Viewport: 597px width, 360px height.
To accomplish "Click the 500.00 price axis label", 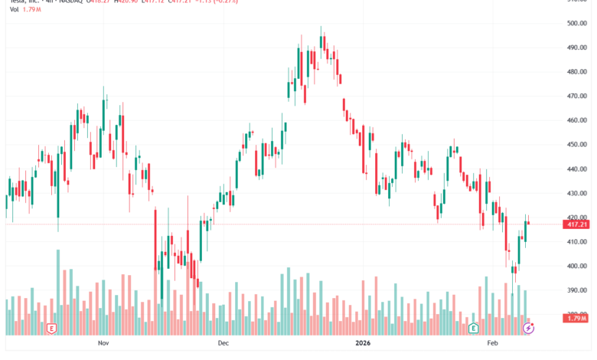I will pyautogui.click(x=576, y=23).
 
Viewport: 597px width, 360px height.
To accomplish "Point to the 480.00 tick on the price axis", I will pyautogui.click(x=576, y=72).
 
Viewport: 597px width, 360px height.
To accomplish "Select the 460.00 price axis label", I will pyautogui.click(x=576, y=120).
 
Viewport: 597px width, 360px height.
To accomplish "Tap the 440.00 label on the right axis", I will pyautogui.click(x=576, y=169).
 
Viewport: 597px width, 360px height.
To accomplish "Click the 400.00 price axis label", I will pyautogui.click(x=576, y=267).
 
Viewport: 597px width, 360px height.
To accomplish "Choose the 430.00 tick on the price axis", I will pyautogui.click(x=576, y=194).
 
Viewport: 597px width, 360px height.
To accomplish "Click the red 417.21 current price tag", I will pyautogui.click(x=576, y=224).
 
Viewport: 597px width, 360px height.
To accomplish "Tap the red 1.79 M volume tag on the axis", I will pyautogui.click(x=576, y=318).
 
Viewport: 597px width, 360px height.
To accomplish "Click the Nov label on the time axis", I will pyautogui.click(x=104, y=345).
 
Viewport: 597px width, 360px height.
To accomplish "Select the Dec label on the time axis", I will pyautogui.click(x=223, y=345).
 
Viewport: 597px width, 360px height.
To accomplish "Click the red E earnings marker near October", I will pyautogui.click(x=51, y=329).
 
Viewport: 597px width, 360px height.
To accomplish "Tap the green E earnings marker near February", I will pyautogui.click(x=474, y=329).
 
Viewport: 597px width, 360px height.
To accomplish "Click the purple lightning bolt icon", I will pyautogui.click(x=528, y=329).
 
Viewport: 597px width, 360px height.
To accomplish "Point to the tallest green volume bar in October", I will pyautogui.click(x=57, y=292).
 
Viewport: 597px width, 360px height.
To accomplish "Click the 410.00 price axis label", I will pyautogui.click(x=576, y=242).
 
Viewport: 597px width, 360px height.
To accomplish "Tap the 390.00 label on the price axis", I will pyautogui.click(x=576, y=291).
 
